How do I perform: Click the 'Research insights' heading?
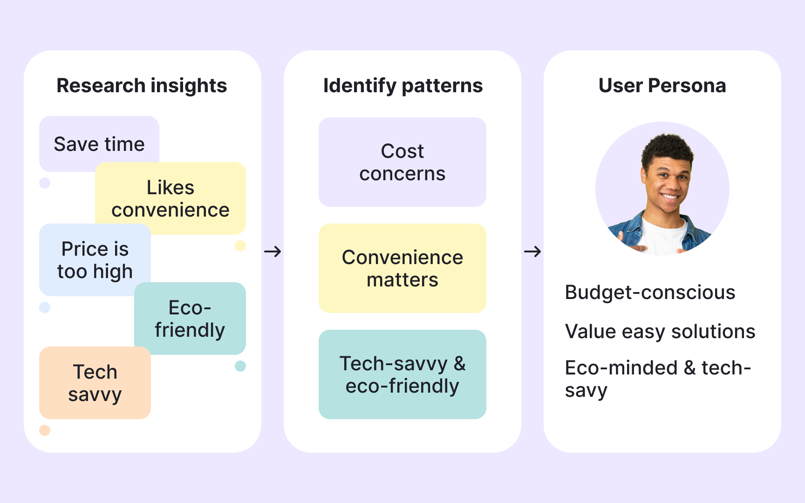click(142, 86)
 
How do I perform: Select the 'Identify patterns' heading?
click(403, 86)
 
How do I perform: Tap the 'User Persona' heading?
click(662, 86)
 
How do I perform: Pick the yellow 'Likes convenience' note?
click(171, 199)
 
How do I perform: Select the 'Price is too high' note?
click(95, 260)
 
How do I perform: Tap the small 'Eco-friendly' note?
click(190, 319)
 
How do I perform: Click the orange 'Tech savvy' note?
click(95, 383)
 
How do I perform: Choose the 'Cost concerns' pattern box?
click(402, 162)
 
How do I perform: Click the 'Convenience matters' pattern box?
click(402, 268)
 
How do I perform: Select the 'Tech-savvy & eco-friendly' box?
click(402, 374)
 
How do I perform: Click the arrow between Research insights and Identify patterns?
click(273, 251)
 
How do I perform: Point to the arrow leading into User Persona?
click(532, 251)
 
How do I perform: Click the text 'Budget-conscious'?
click(650, 292)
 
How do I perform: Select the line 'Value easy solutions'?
click(660, 332)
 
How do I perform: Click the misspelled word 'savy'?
click(586, 390)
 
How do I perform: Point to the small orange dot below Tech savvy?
click(45, 430)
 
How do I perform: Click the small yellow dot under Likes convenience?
click(240, 245)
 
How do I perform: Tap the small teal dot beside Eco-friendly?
click(240, 366)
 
